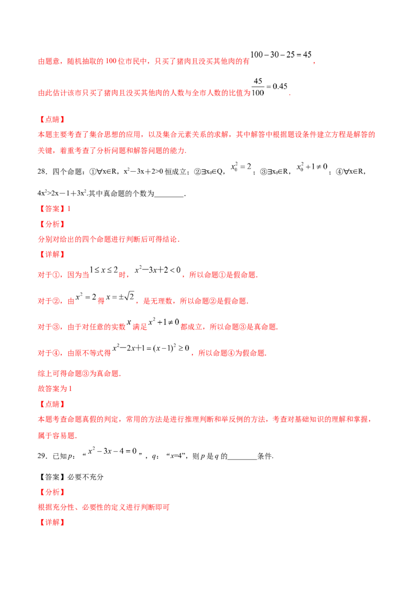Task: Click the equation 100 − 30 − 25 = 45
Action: (x=281, y=55)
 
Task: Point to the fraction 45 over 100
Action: (x=258, y=87)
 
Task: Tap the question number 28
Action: (x=42, y=172)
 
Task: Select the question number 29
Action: (x=42, y=456)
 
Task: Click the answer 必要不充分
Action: (x=85, y=477)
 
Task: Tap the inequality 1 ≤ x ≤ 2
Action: (x=103, y=270)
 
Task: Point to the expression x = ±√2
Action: (x=120, y=297)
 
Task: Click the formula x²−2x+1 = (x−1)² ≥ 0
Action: (x=151, y=348)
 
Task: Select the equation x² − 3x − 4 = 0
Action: (x=112, y=451)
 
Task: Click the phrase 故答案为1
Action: (x=55, y=389)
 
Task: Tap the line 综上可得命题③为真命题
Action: (x=79, y=374)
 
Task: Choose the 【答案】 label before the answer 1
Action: (x=52, y=209)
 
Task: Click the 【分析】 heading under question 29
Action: (x=52, y=492)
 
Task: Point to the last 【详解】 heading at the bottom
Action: (x=52, y=522)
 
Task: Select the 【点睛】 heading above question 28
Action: (x=52, y=120)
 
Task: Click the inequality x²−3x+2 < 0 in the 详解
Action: (x=158, y=270)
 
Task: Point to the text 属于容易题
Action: (x=57, y=436)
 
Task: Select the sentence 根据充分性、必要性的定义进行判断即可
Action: (x=103, y=507)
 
